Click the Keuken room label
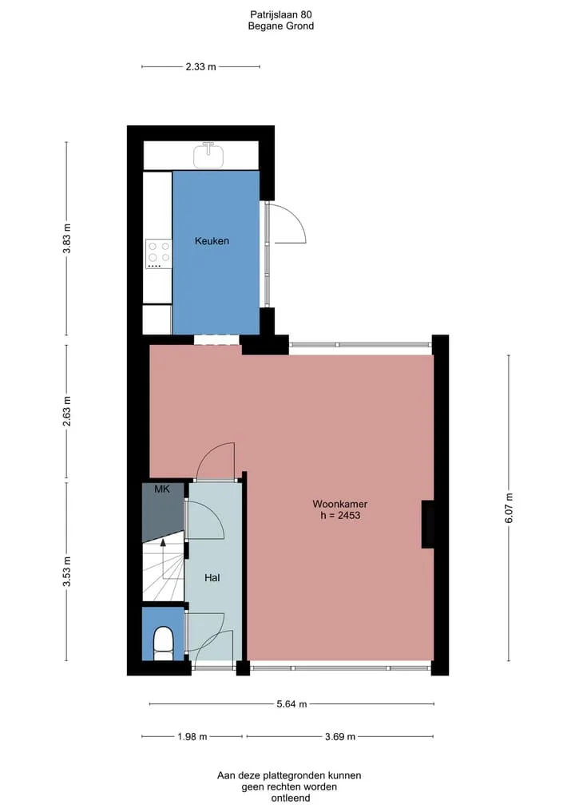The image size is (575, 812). [x=212, y=241]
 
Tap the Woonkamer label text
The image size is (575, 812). [x=340, y=504]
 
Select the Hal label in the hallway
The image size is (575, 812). [x=212, y=578]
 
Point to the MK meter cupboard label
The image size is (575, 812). [x=162, y=489]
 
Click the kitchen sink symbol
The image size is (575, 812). [x=208, y=155]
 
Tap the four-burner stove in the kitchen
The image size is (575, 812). [x=158, y=253]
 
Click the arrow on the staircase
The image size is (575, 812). [x=164, y=559]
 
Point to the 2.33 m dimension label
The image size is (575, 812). [x=201, y=67]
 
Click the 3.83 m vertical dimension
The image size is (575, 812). [x=67, y=238]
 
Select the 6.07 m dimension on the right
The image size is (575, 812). [x=509, y=508]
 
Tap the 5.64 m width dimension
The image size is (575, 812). [x=291, y=704]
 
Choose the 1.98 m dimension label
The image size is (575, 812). [x=192, y=736]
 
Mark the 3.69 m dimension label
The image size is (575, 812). [x=340, y=736]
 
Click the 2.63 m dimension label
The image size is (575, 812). [x=67, y=411]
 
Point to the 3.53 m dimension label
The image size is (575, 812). [x=67, y=572]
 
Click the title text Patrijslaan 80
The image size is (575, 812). [x=281, y=15]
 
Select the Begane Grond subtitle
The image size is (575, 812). [x=281, y=26]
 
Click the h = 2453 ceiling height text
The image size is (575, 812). [x=340, y=515]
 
